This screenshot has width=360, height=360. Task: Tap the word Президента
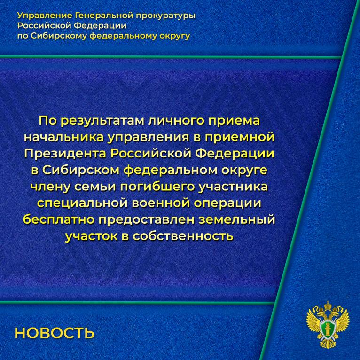point(65,154)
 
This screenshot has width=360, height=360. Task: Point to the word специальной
point(82,203)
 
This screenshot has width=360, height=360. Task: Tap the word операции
point(227,203)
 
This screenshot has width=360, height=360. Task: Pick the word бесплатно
point(59,220)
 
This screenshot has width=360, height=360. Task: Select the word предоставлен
point(147,220)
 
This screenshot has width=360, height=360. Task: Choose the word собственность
point(183,236)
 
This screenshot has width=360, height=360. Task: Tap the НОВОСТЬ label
point(55,333)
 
